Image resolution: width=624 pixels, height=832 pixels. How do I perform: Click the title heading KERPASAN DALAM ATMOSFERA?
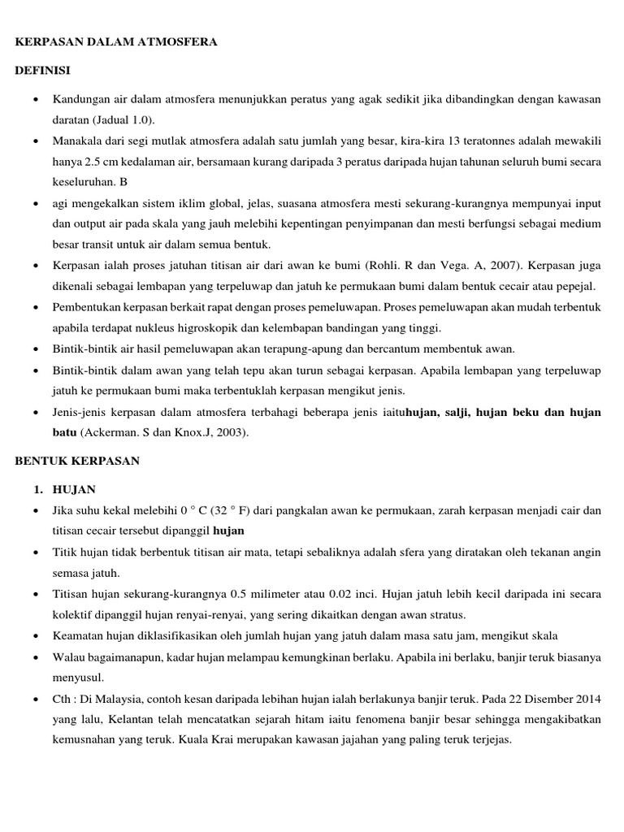tap(116, 41)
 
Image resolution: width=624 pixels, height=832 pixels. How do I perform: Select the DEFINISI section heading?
tap(42, 71)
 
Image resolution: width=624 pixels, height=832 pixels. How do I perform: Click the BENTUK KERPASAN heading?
tap(78, 461)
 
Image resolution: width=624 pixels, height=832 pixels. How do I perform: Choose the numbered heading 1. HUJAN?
tap(64, 489)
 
